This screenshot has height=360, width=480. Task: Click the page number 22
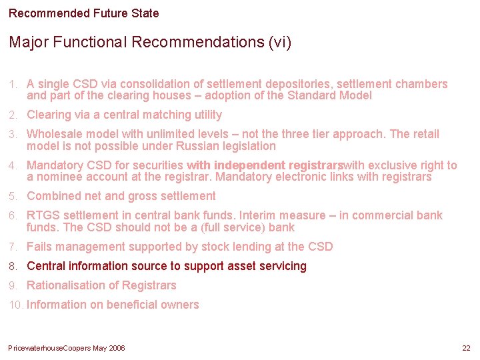coord(466,349)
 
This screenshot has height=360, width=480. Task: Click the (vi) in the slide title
coord(279,43)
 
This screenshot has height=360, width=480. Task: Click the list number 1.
coord(13,85)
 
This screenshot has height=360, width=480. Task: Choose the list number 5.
coord(13,197)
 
